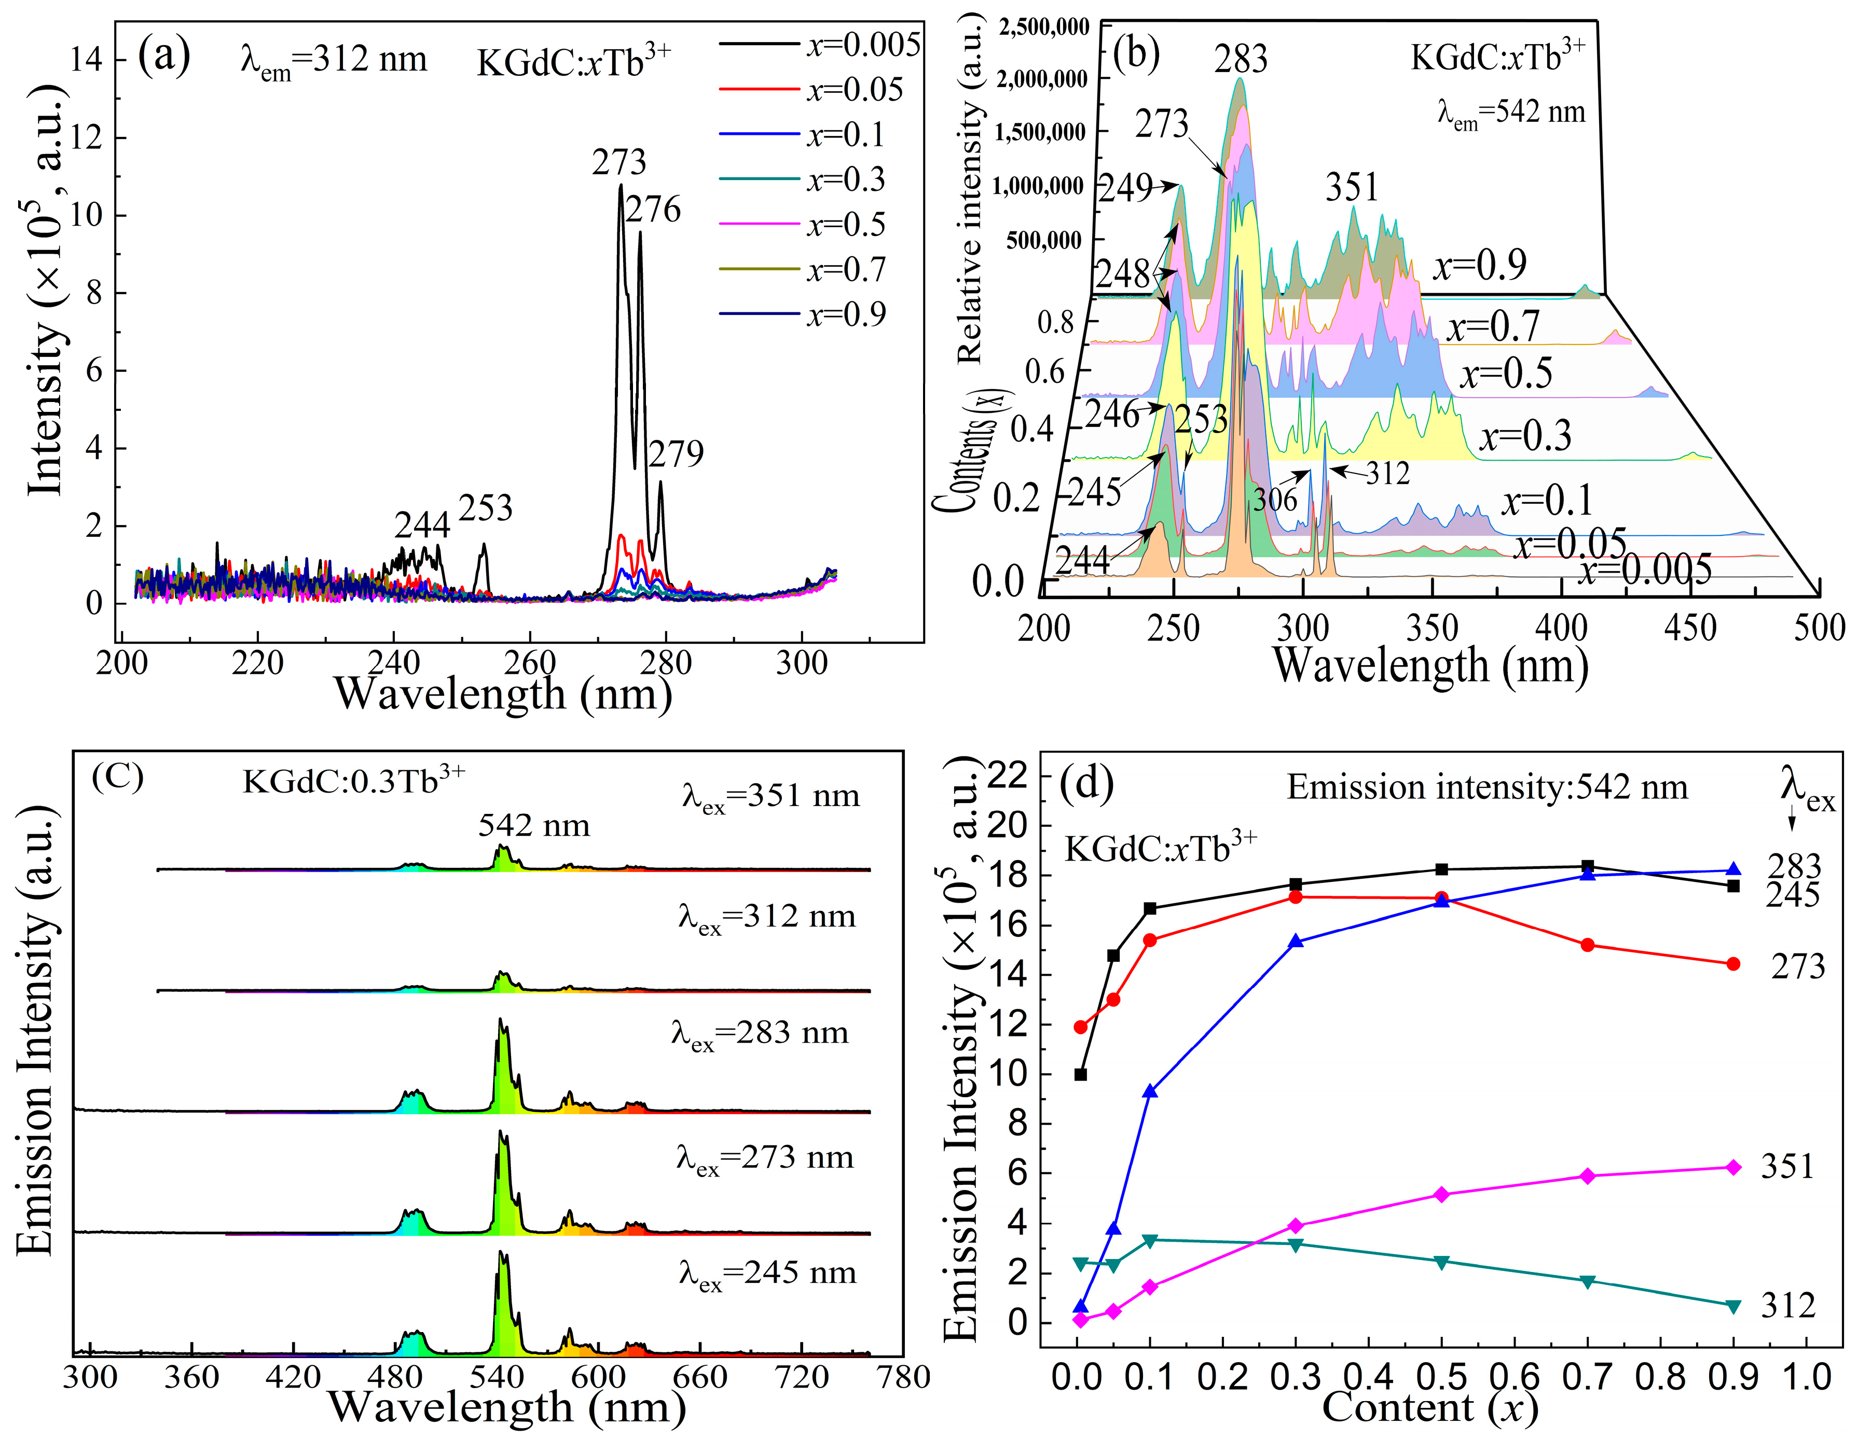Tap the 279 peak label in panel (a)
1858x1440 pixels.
(x=677, y=454)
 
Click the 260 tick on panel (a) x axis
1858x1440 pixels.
(x=530, y=662)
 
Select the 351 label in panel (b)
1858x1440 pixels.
(x=1352, y=187)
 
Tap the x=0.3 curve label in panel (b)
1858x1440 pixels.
(x=1525, y=436)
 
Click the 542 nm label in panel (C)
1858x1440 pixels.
(x=533, y=825)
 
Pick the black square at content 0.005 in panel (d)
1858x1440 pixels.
(x=1080, y=1074)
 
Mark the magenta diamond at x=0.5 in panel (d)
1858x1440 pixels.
(x=1441, y=1194)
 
